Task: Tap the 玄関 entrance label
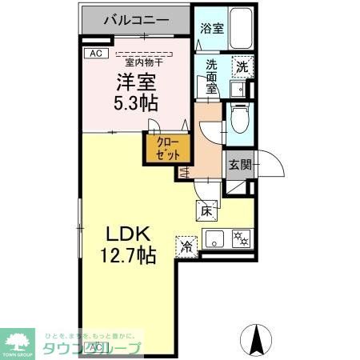click(x=240, y=165)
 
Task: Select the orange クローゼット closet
click(x=167, y=149)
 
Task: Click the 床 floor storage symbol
click(x=206, y=211)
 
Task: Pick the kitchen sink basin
click(x=214, y=237)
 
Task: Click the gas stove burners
click(x=241, y=237)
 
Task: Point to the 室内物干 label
click(x=139, y=62)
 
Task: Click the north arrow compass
click(x=258, y=339)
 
